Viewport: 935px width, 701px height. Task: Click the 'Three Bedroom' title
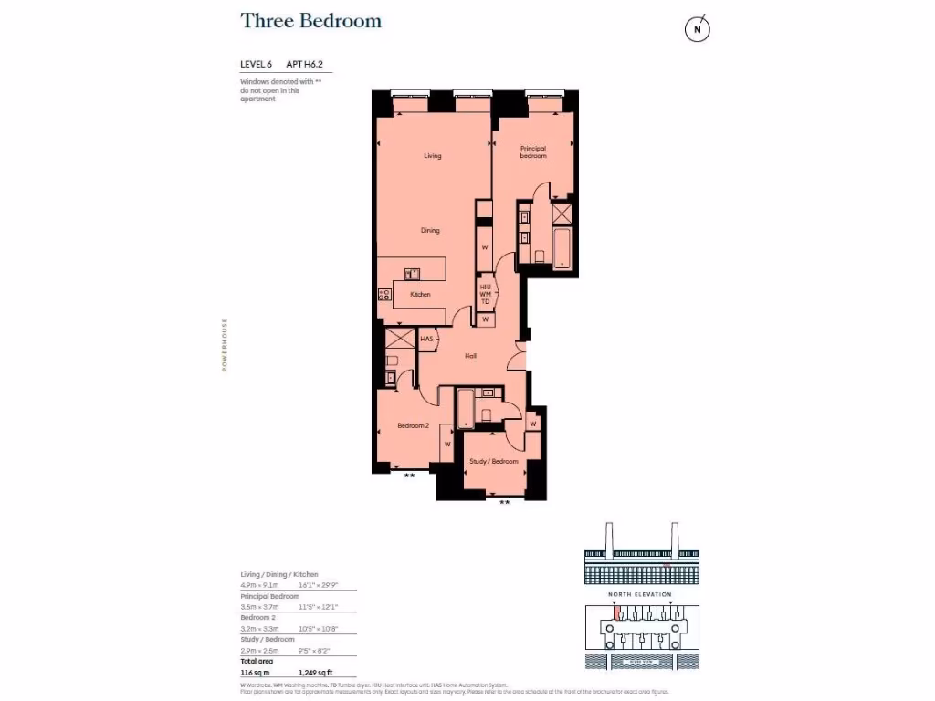click(310, 21)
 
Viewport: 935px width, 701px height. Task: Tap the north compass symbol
click(698, 30)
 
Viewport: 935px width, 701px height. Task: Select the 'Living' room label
click(432, 156)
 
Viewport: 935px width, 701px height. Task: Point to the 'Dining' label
click(430, 230)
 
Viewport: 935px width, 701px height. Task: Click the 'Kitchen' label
click(420, 294)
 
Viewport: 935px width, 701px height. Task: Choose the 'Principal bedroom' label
click(533, 152)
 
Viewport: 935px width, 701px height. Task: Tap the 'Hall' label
click(470, 356)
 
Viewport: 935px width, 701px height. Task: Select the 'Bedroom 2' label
click(413, 425)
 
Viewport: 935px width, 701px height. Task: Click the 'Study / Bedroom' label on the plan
click(494, 461)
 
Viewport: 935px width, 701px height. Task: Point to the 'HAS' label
click(425, 340)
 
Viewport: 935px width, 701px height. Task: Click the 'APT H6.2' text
click(306, 64)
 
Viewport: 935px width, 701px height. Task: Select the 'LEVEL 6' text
click(257, 64)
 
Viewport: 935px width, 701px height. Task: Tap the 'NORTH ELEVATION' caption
click(639, 594)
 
